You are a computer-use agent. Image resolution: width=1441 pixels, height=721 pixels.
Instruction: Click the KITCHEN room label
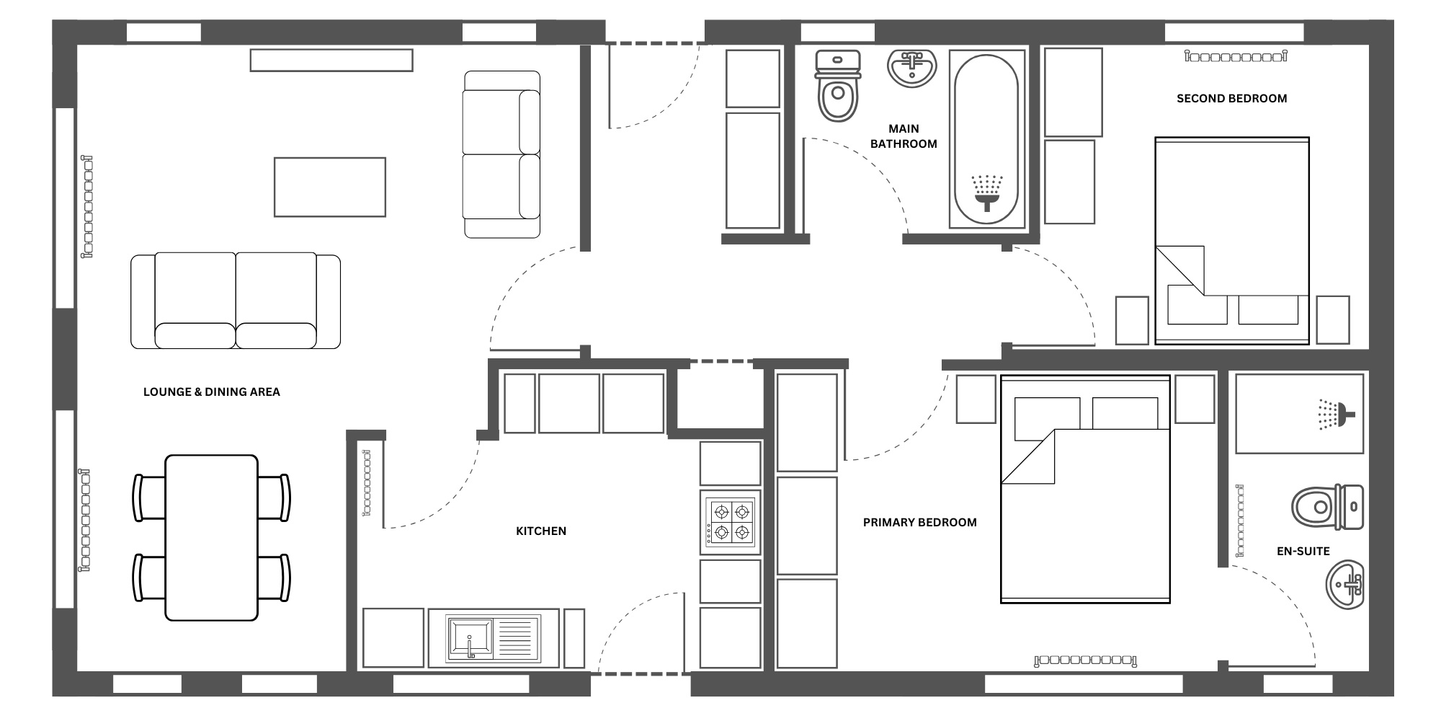[541, 531]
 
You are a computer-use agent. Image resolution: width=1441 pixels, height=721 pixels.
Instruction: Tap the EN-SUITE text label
[1303, 552]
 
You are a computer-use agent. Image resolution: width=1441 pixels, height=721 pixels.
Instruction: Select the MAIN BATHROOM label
[904, 136]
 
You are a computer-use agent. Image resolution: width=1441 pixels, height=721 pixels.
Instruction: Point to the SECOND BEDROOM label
[1231, 99]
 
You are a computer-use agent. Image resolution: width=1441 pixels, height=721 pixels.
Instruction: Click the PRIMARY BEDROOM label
[920, 523]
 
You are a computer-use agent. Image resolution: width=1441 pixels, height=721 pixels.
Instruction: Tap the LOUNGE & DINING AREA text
[212, 392]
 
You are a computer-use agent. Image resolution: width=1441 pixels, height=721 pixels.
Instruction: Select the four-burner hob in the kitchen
[731, 523]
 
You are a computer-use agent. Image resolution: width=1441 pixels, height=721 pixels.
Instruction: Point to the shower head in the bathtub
[987, 192]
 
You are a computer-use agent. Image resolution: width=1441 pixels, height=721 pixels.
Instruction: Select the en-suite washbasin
[1345, 585]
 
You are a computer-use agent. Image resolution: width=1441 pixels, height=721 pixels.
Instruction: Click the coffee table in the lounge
[330, 187]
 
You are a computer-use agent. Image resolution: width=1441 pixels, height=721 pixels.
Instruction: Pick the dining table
[211, 538]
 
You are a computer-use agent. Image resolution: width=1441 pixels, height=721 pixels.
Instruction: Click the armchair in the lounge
[501, 154]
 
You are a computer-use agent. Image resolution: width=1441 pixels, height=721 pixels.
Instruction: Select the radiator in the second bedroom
[1236, 56]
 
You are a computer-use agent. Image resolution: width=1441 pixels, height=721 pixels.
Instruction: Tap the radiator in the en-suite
[1240, 521]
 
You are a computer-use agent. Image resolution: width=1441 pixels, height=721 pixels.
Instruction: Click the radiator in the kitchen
[367, 482]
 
